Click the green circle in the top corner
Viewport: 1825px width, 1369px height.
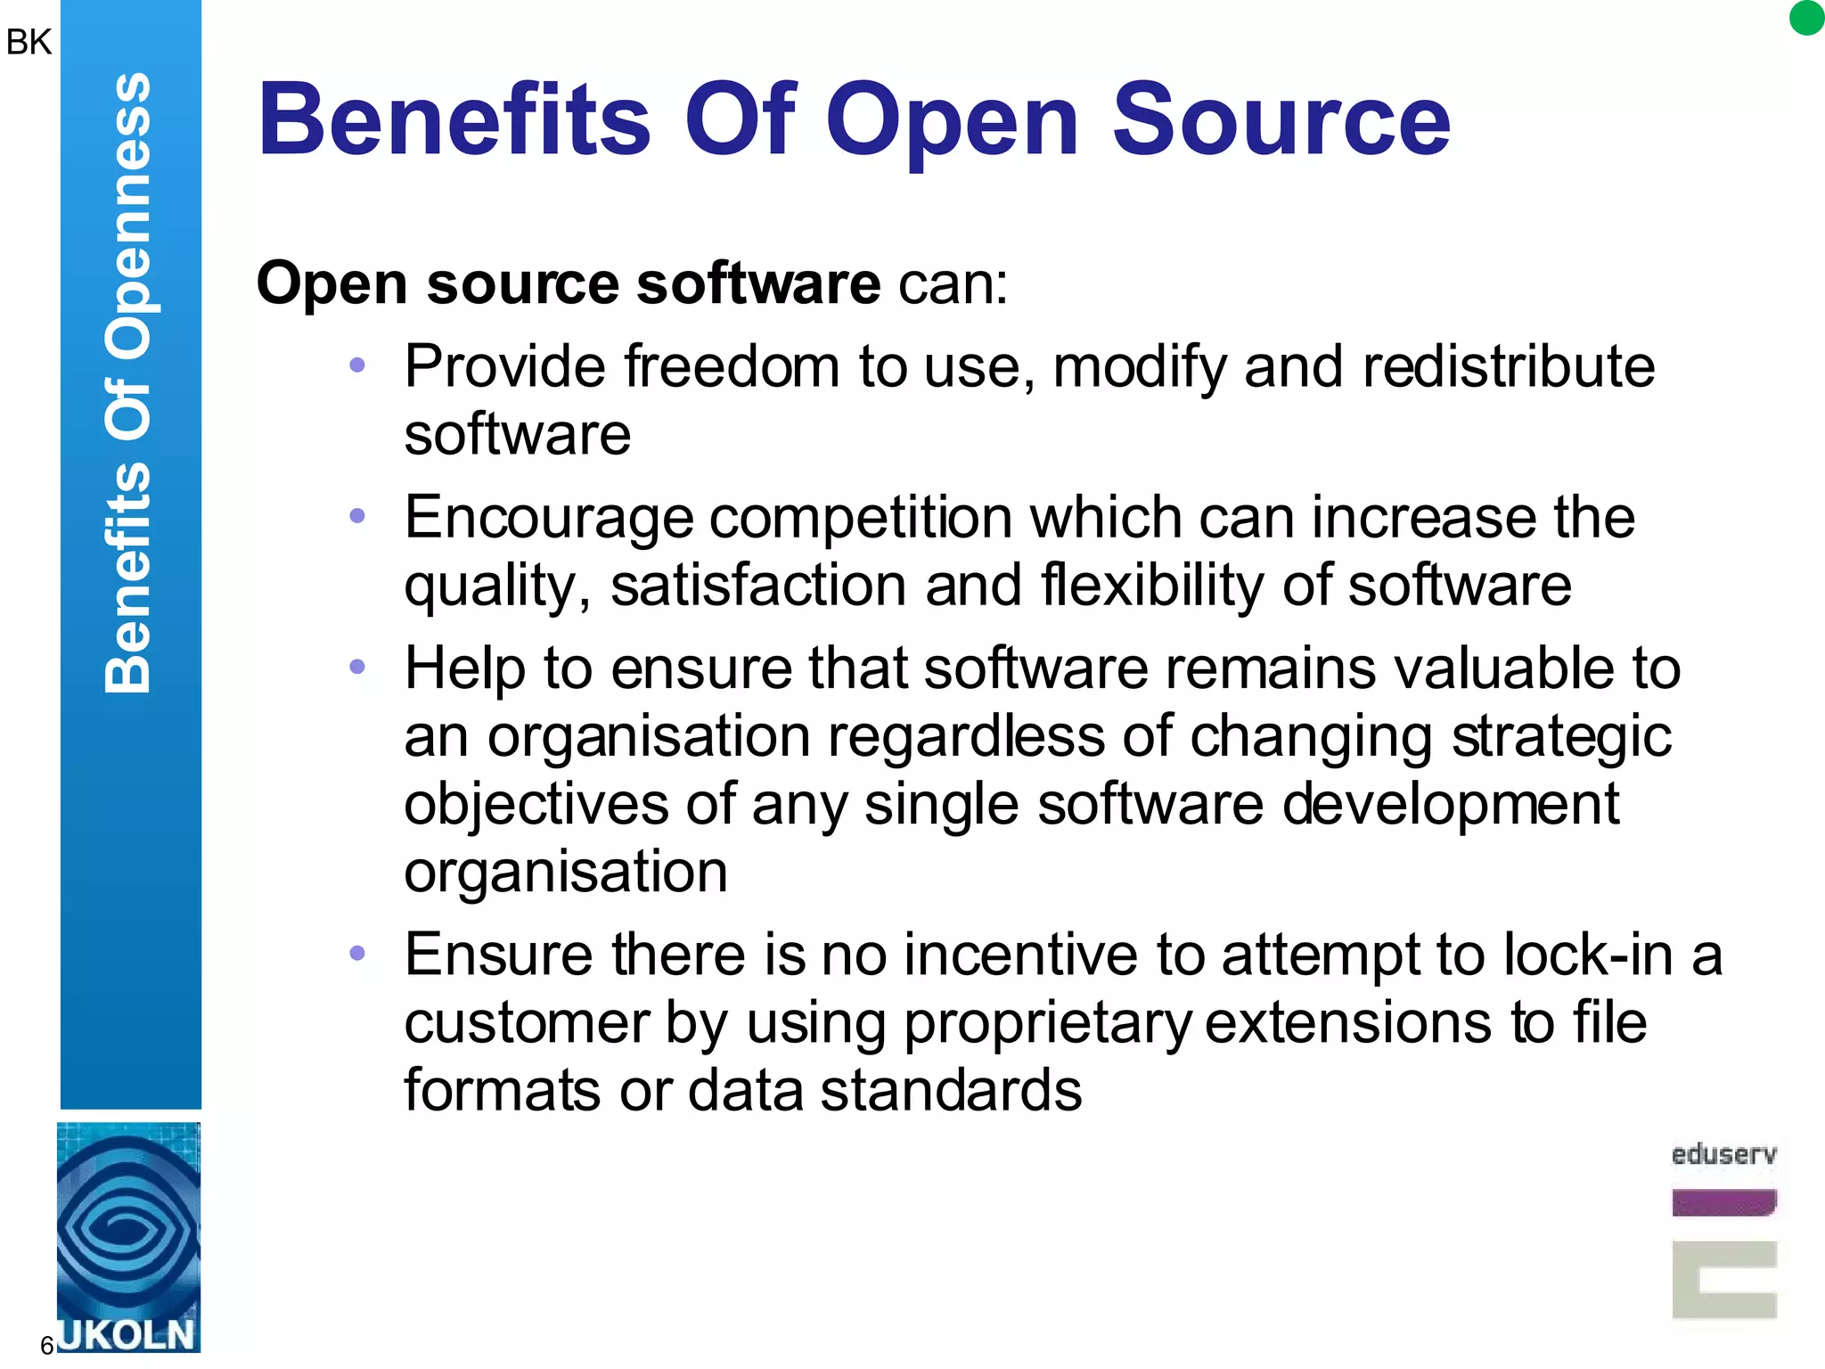pos(1806,18)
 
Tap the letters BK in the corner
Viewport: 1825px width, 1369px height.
pos(29,42)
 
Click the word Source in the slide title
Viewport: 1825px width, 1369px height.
pos(1281,120)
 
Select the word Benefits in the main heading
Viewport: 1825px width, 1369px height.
pos(455,120)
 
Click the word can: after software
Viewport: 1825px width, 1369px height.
pos(953,284)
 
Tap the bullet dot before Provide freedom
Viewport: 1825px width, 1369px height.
pos(357,365)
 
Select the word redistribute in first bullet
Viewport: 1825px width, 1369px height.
pos(1508,366)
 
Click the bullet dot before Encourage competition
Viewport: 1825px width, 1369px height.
pos(357,515)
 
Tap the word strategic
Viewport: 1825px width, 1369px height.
pos(1560,737)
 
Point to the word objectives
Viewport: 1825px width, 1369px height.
pos(536,804)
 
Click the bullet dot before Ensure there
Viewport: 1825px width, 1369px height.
pos(357,954)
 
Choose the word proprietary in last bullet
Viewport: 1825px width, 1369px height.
pos(1047,1023)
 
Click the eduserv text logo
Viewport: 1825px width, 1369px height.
pos(1723,1154)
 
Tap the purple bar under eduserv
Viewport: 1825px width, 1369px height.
pos(1723,1202)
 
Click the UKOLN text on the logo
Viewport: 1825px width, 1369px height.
pos(127,1334)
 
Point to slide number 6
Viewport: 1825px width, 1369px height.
pos(47,1345)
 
